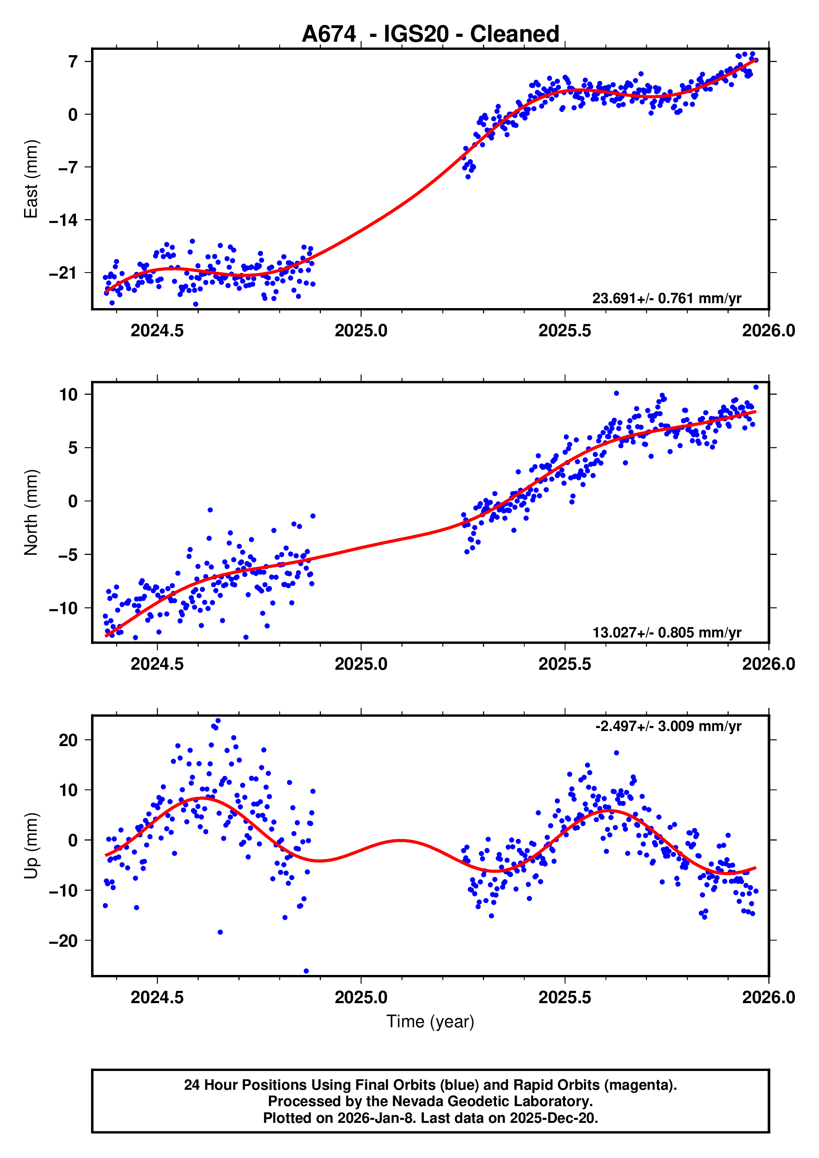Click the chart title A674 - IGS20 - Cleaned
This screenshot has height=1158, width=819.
pos(430,34)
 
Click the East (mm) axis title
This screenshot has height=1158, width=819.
pos(31,179)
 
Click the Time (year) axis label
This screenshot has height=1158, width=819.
pos(430,1021)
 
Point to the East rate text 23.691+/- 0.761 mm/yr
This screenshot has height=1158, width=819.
pos(666,298)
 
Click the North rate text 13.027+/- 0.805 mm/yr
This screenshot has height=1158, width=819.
pos(666,632)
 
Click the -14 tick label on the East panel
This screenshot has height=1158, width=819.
pos(64,220)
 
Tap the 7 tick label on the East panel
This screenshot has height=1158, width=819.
pos(73,62)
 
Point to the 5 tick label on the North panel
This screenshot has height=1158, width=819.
pos(73,447)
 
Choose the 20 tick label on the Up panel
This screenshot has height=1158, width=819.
pos(68,740)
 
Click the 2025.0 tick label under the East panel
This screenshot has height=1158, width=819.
pos(361,331)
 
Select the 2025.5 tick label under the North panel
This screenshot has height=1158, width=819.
pos(564,664)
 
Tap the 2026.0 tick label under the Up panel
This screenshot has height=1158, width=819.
pos(768,997)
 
